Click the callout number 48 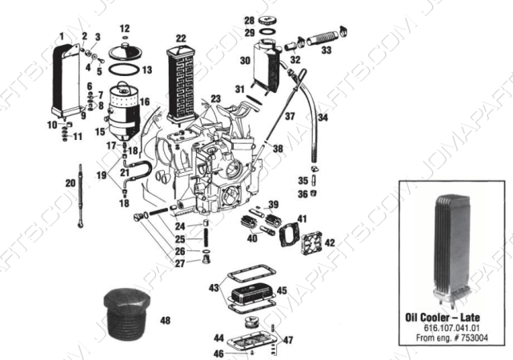(x=165, y=321)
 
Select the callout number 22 (x=181, y=38)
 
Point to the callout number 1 (x=62, y=37)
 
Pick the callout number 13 (x=146, y=70)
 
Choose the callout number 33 (x=326, y=50)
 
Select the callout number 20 (x=70, y=183)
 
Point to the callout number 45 (x=281, y=290)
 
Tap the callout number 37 (x=290, y=117)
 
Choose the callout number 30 (x=245, y=60)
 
